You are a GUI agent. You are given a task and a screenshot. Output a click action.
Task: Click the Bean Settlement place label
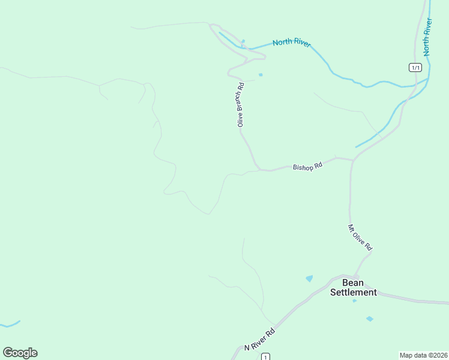coord(354,287)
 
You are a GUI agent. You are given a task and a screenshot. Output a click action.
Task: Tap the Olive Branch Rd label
coord(240,104)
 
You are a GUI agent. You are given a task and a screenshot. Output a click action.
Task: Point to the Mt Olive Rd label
coord(361,238)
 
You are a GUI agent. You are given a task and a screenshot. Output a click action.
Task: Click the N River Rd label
coord(259,339)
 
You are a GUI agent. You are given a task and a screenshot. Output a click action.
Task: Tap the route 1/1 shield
coord(415,67)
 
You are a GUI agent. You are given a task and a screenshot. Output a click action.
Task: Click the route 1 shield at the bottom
coord(265,357)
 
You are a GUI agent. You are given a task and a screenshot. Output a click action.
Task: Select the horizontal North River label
coord(291,43)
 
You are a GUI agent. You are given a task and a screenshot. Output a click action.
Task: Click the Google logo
coord(20,353)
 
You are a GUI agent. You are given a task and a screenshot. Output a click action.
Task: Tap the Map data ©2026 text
coord(423,355)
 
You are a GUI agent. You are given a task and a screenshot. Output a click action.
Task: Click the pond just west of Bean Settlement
coord(309,278)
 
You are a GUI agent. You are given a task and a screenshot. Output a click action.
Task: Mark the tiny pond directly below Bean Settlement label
coord(354,301)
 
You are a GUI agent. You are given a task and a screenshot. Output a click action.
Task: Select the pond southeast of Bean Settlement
coord(369,319)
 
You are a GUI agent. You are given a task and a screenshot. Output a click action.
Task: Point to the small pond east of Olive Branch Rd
coord(260,75)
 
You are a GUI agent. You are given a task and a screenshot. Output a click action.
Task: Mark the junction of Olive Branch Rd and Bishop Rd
coord(258,169)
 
